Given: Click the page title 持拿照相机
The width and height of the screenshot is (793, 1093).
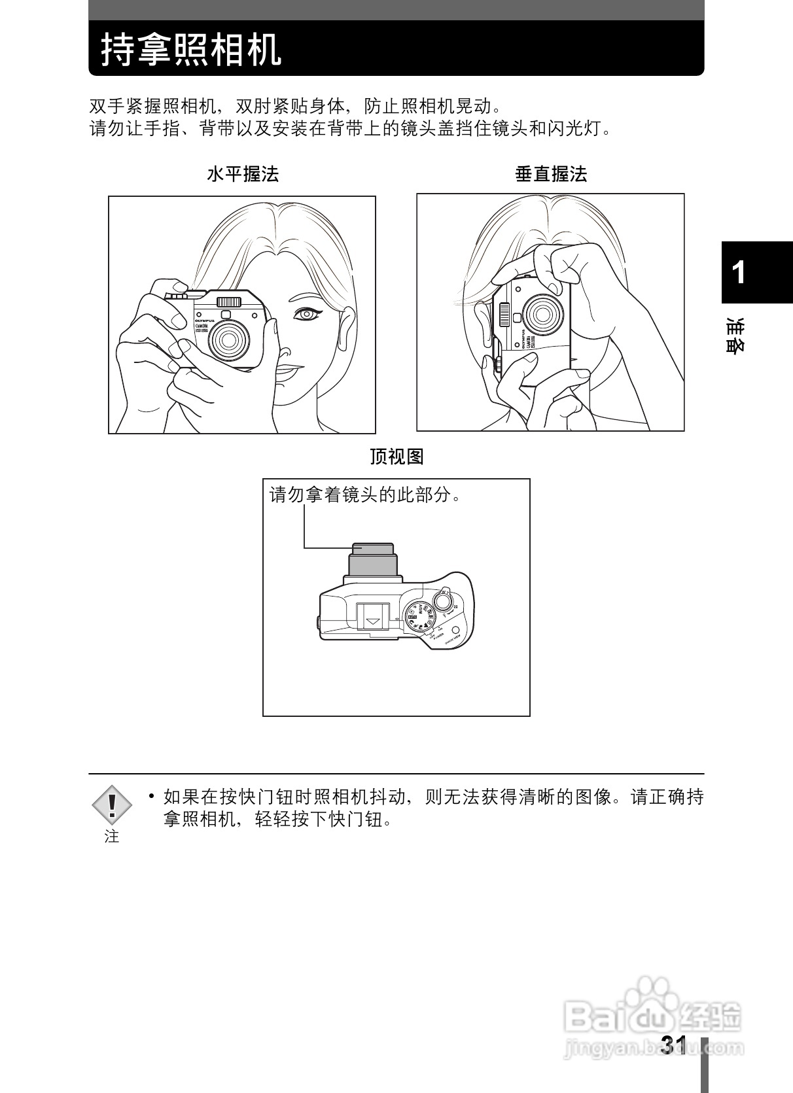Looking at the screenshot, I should point(191,50).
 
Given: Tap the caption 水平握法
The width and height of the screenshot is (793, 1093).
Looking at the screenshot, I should point(243,174).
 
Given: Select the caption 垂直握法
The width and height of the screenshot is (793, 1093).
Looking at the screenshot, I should point(551,174).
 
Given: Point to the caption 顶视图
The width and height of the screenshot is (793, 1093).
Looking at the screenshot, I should point(396,457).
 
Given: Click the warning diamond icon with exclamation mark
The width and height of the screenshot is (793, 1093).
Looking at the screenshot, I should point(112,805).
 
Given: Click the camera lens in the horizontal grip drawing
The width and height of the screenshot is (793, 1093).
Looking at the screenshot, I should point(229,339).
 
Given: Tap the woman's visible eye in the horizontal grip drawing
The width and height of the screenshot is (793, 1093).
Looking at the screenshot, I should point(306,315).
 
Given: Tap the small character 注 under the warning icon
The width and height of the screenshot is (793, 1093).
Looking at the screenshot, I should point(112,837).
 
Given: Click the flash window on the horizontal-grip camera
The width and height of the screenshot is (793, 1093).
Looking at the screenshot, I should point(229,302).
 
